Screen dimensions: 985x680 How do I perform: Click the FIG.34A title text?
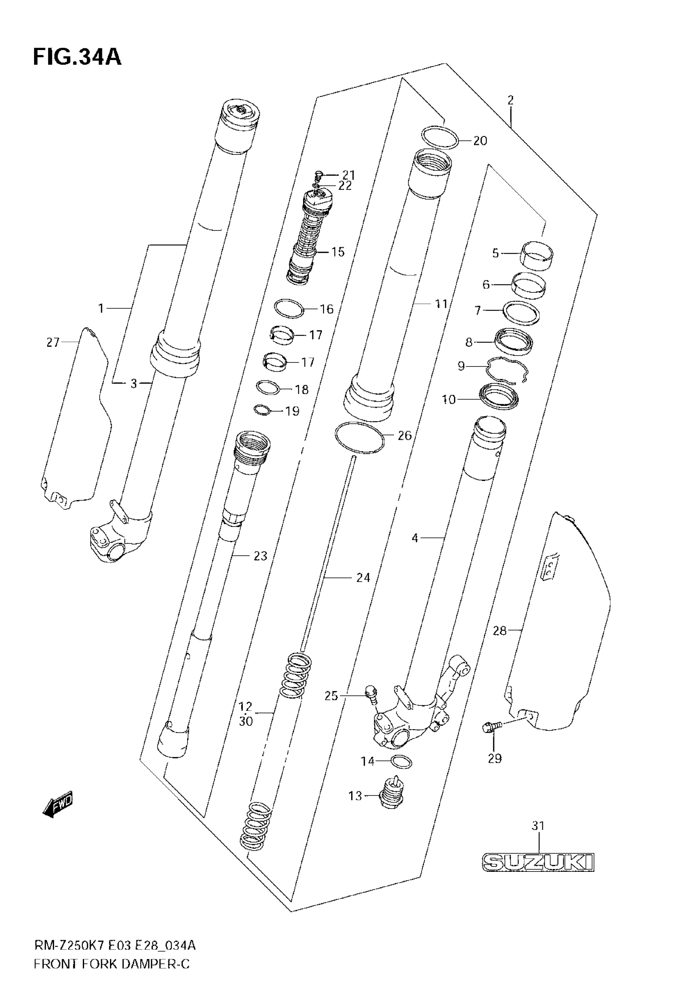77,57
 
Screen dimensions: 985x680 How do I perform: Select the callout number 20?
480,140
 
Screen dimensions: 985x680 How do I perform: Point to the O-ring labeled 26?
360,437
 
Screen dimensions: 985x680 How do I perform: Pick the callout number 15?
338,252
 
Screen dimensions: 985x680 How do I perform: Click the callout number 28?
499,631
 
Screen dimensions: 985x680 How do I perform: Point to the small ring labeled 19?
262,410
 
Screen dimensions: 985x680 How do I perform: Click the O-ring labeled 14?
400,761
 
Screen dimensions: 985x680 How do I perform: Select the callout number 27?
53,342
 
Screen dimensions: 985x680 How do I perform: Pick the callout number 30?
246,721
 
